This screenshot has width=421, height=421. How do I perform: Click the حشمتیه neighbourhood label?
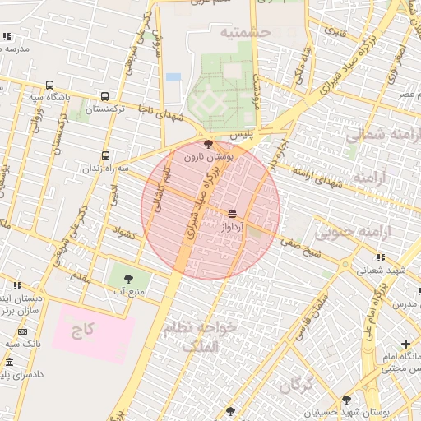point(244,32)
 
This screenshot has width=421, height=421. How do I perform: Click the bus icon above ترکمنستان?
point(104,96)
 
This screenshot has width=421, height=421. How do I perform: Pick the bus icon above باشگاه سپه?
point(50,85)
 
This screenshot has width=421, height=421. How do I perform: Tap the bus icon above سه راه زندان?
point(105,155)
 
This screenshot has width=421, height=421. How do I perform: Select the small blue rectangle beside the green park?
point(173,77)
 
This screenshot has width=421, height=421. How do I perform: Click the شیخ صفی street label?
point(300,246)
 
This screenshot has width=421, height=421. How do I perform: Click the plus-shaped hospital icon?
point(405,344)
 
